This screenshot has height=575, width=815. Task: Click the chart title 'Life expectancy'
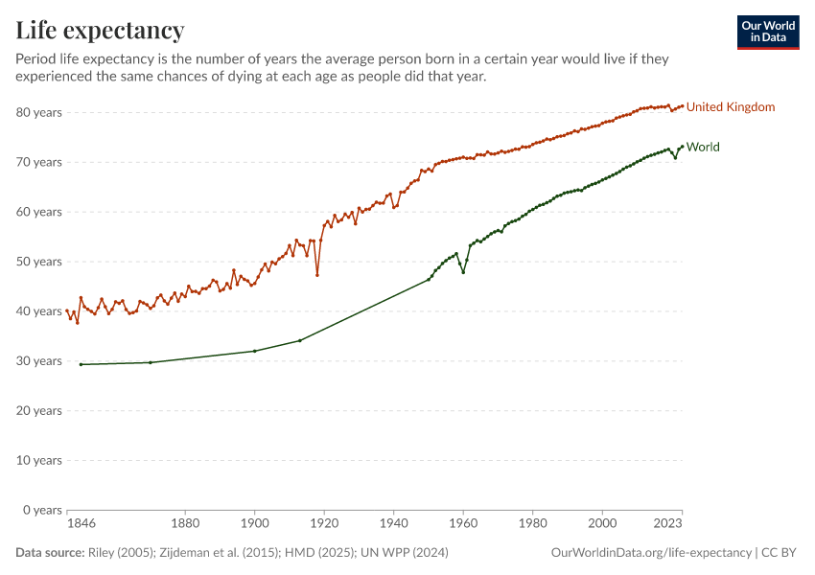[x=100, y=30]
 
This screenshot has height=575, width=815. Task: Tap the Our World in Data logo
[x=767, y=32]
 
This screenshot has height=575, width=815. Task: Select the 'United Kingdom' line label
[x=730, y=107]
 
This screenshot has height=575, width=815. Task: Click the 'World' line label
[x=703, y=148]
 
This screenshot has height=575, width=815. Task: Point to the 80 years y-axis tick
[x=39, y=112]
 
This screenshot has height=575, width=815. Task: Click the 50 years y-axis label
[x=39, y=262]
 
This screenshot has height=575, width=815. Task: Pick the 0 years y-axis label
[x=42, y=510]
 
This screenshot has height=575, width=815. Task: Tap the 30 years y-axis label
[x=39, y=361]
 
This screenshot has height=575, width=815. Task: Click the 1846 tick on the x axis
[x=81, y=524]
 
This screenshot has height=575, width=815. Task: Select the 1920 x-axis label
[x=324, y=524]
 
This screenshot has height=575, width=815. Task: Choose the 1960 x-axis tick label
[x=463, y=524]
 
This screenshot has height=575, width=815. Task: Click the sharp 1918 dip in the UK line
[x=317, y=275]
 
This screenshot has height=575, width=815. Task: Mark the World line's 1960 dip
[x=463, y=272]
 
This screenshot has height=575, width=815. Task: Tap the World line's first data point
[x=81, y=364]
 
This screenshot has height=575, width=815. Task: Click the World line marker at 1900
[x=254, y=351]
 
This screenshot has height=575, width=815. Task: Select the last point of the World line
[x=682, y=147]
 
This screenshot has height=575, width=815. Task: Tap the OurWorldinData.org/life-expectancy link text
[x=652, y=553]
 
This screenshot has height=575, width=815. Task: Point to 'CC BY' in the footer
[x=780, y=553]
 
